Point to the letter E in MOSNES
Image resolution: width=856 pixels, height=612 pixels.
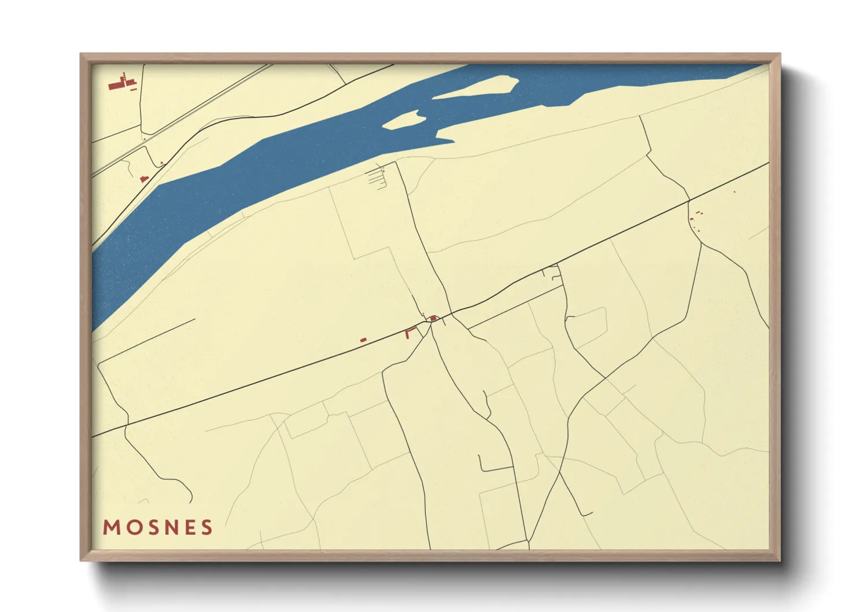188,528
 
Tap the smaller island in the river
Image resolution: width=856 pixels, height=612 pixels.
404,120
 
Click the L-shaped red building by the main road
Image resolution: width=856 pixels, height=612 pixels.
410,332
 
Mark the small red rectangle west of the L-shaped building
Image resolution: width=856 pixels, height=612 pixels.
363,340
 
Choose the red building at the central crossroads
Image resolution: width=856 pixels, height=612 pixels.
433,318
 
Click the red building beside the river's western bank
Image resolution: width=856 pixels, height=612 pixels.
144,179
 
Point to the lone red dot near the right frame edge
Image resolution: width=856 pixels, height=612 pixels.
735,191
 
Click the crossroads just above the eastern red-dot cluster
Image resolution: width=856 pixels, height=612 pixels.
689,201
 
